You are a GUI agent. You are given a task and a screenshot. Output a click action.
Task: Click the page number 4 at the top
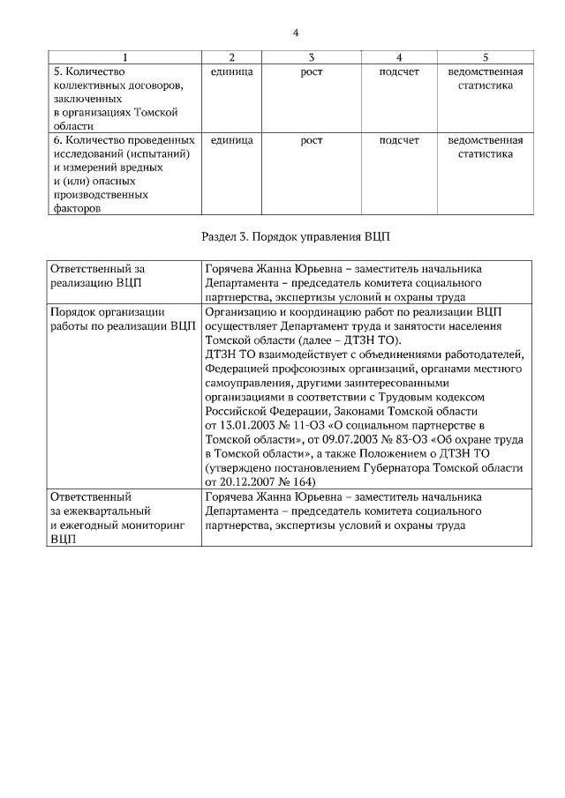coord(296,33)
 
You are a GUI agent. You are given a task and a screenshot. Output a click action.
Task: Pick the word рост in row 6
coord(311,140)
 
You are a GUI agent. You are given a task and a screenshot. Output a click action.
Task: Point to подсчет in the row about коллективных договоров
coord(398,71)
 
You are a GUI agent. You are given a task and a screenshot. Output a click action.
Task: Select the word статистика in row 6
coord(485,154)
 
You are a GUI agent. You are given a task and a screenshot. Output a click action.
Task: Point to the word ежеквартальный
coord(100,511)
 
